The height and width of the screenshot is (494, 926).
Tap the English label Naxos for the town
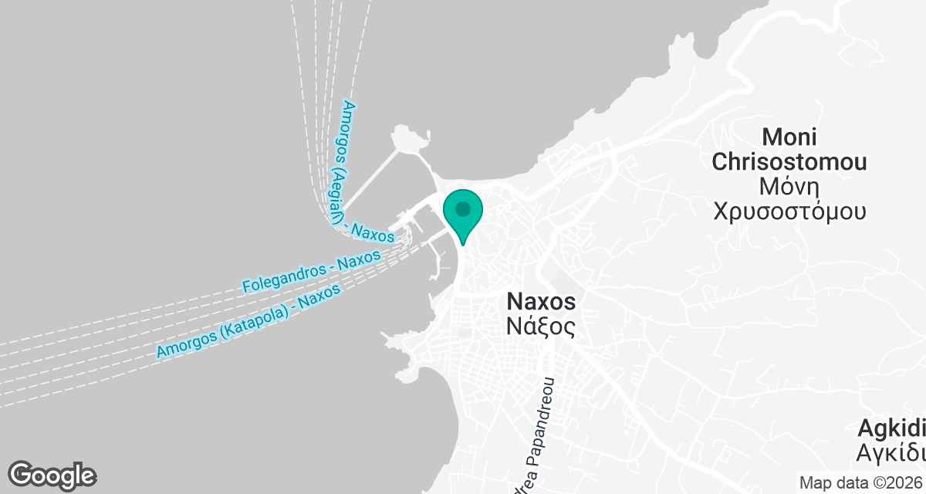[541, 300]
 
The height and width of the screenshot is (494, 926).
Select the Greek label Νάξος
[541, 327]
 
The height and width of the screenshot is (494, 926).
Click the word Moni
[789, 137]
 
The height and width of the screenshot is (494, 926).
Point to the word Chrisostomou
[789, 162]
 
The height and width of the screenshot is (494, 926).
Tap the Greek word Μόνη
[789, 187]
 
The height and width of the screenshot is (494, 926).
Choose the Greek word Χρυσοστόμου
[789, 211]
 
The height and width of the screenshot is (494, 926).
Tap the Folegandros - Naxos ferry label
[311, 272]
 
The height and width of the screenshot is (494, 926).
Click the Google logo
[52, 475]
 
